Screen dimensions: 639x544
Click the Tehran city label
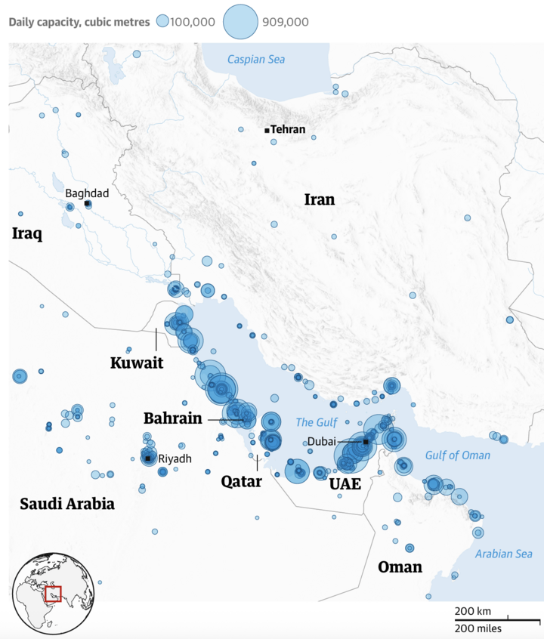pos(288,130)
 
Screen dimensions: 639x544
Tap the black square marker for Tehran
pos(267,131)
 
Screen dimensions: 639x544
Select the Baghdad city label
pos(87,193)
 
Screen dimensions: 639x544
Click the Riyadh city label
pos(175,458)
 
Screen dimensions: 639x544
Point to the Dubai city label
pos(321,441)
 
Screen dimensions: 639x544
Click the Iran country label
pos(319,200)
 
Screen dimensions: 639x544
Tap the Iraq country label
pos(26,234)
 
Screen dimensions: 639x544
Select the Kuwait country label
pos(137,363)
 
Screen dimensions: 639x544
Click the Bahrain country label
pos(172,418)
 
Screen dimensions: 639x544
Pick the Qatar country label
pos(241,481)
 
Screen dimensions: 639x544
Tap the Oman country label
pos(400,566)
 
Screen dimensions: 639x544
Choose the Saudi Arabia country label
pos(67,504)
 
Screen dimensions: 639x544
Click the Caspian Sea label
pos(256,59)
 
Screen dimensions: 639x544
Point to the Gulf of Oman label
pos(457,455)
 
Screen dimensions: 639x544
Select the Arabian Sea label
pos(503,554)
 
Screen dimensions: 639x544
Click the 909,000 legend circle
pos(241,22)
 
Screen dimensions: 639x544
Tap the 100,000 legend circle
pos(162,22)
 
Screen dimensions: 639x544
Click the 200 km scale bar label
pos(473,610)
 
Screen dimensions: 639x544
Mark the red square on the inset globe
pos(53,594)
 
